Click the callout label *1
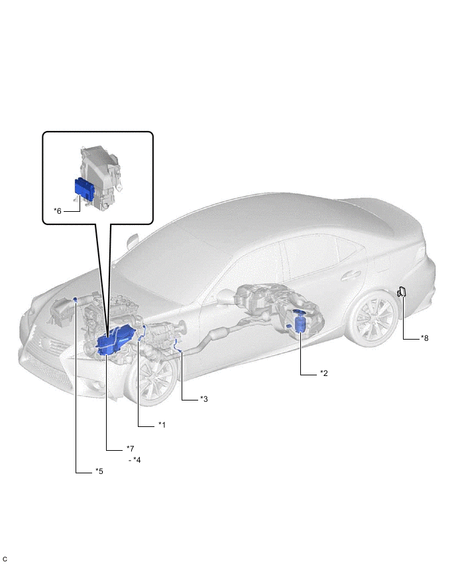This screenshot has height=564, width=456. [x=162, y=425]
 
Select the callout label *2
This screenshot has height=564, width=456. [x=324, y=373]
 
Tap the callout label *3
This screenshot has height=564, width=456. [x=204, y=399]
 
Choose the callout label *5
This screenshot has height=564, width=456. [x=99, y=471]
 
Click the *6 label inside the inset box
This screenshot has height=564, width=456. [x=58, y=211]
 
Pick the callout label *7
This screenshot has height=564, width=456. [x=130, y=449]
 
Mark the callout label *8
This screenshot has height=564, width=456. [x=425, y=338]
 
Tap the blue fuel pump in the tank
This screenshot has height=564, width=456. [x=300, y=320]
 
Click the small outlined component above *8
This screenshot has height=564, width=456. [x=402, y=292]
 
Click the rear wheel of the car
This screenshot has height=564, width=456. [x=372, y=317]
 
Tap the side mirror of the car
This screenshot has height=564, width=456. [x=133, y=241]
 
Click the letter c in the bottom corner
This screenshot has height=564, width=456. [x=5, y=558]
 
